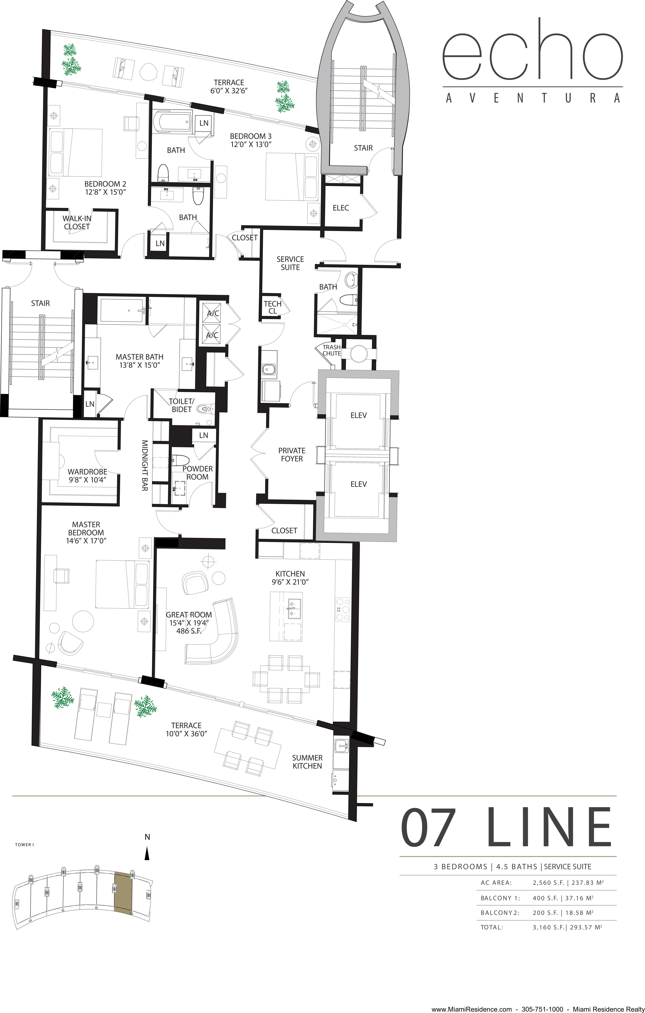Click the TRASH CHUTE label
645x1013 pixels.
click(332, 350)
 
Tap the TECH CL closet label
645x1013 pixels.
click(273, 307)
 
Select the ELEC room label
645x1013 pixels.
click(341, 208)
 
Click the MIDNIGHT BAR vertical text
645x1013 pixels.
click(144, 466)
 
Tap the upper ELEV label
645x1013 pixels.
click(358, 415)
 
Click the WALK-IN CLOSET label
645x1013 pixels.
click(77, 222)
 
